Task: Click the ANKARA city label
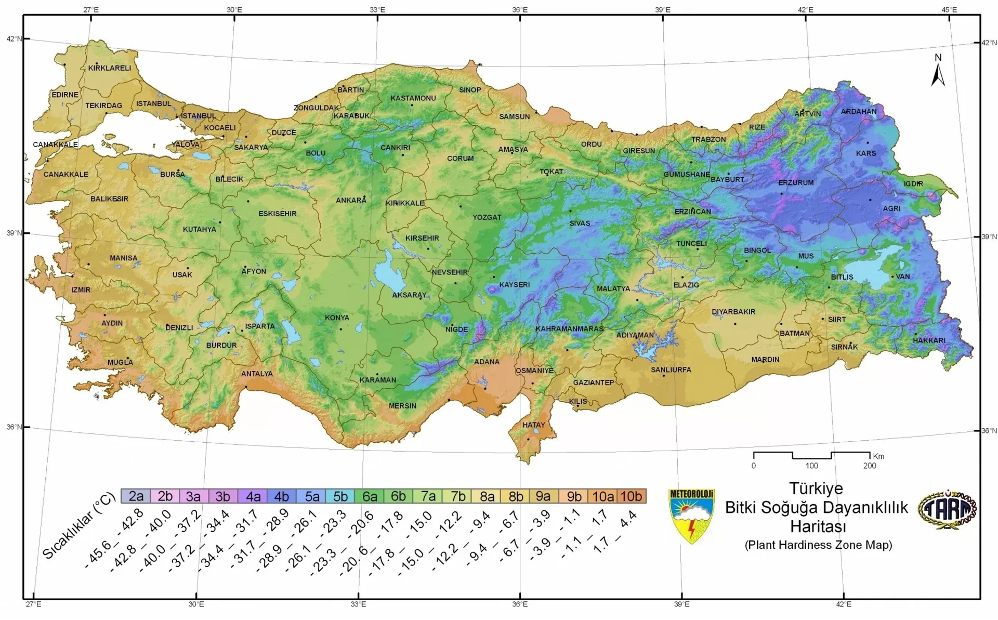(x=351, y=200)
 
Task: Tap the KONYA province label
(x=337, y=318)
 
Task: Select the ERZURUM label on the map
(x=796, y=182)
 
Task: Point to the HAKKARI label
(x=929, y=340)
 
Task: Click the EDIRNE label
(x=65, y=95)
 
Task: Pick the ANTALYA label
(x=257, y=374)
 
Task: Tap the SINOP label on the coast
(x=470, y=90)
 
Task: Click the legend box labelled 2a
(x=136, y=496)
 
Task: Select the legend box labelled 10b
(x=631, y=496)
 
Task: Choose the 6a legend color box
(x=370, y=496)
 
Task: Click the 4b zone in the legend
(x=281, y=496)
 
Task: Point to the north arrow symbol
(x=938, y=71)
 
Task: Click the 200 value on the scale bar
(x=869, y=466)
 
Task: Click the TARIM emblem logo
(x=947, y=510)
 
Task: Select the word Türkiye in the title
(x=816, y=489)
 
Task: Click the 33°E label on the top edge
(x=377, y=9)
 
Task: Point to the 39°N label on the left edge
(x=14, y=233)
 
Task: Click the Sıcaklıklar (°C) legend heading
(x=78, y=526)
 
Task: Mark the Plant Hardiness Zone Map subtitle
(x=818, y=545)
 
